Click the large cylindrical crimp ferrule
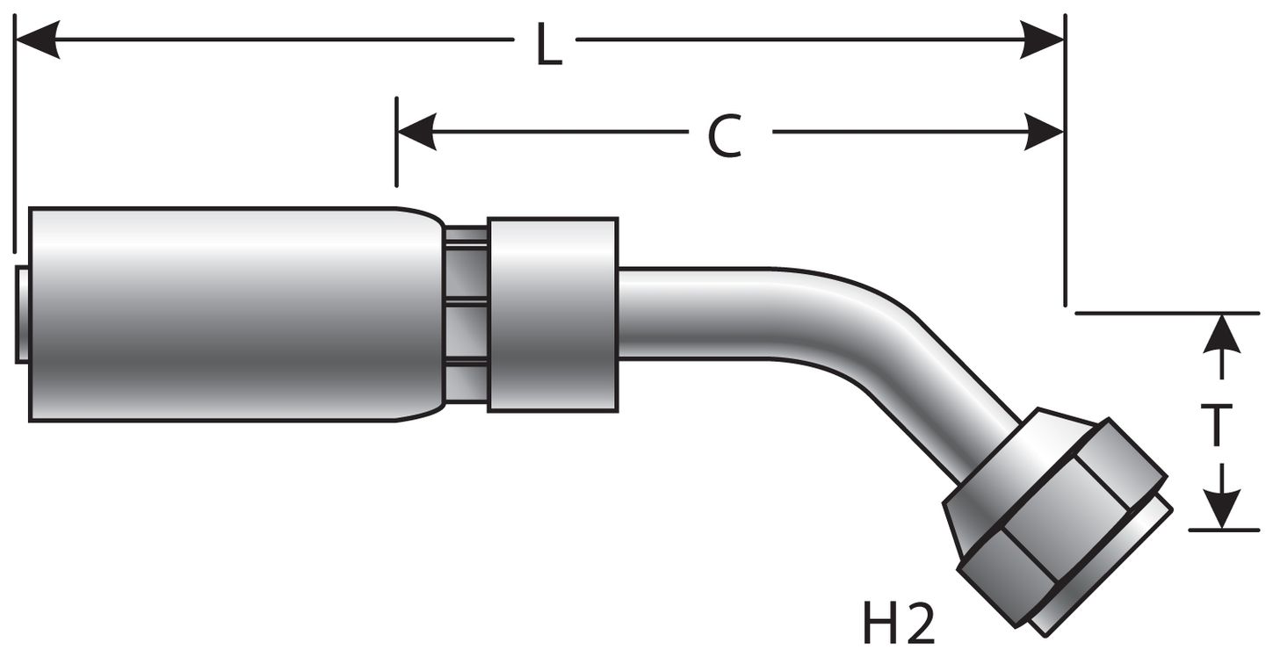(x=228, y=314)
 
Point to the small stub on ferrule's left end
(x=22, y=314)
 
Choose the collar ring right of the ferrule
(x=553, y=314)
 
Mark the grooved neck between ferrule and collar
(x=466, y=314)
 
